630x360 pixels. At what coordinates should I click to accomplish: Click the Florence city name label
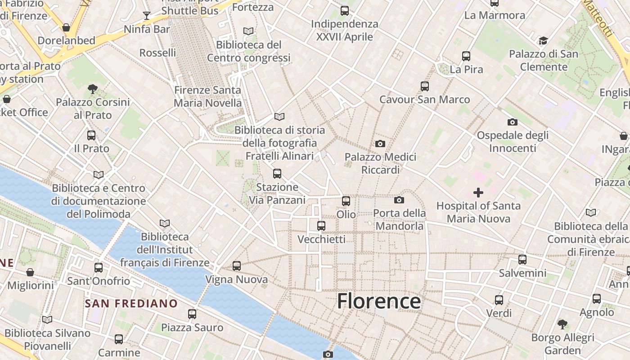coord(379,301)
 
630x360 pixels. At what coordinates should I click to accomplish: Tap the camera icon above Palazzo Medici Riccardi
coord(380,144)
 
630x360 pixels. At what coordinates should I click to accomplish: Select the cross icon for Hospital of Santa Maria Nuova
coord(478,193)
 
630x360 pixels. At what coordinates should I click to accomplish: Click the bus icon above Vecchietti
coord(321,225)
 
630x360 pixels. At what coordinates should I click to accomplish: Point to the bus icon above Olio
coord(346,201)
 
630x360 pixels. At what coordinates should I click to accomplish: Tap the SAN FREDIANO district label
coord(131,303)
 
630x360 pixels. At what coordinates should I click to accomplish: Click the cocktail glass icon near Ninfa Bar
coord(147,16)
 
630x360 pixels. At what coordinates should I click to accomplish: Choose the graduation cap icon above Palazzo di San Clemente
coord(543,41)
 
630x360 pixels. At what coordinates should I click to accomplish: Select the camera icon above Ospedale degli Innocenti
coord(512,122)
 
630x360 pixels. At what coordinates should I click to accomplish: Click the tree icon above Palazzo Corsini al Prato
coord(93,89)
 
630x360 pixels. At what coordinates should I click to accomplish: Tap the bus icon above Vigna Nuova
coord(237,266)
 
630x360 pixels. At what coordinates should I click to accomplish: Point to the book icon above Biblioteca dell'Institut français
coord(165,223)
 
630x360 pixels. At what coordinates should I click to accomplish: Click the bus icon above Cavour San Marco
coord(424,86)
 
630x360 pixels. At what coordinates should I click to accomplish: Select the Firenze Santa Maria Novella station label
coord(207,96)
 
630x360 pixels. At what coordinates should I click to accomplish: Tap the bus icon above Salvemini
coord(522,259)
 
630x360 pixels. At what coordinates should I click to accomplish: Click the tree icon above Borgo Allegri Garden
coord(562,324)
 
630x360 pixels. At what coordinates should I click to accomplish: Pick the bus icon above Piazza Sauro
coord(192,314)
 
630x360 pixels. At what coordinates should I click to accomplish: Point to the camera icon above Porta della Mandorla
coord(399,200)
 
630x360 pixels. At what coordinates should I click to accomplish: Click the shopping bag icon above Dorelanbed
coord(66,27)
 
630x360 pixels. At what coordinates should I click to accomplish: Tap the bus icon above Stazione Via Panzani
coord(277,173)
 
